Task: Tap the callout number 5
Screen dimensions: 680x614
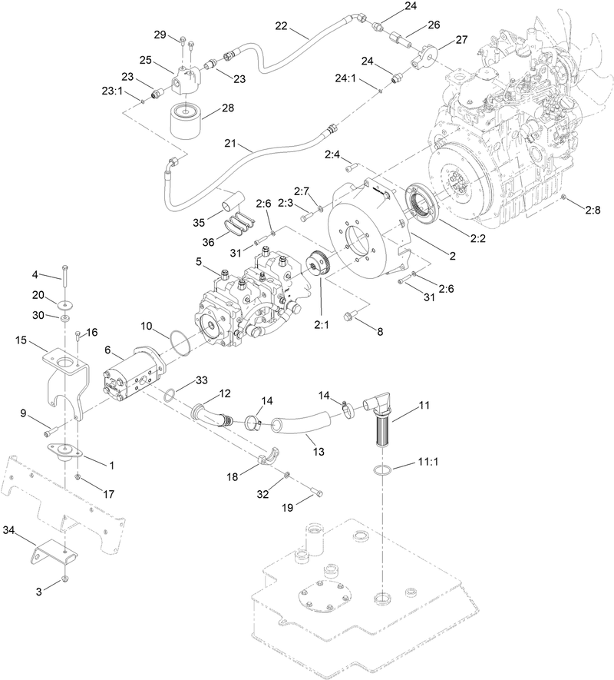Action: point(198,261)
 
